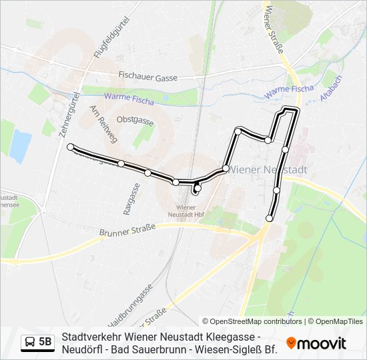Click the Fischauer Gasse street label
coord(148,77)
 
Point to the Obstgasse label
coord(135,122)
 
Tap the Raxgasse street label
coord(128,199)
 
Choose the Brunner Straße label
coord(127,230)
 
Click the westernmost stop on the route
coord(71,147)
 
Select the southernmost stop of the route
coord(270,218)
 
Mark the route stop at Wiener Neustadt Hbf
coord(197,189)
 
